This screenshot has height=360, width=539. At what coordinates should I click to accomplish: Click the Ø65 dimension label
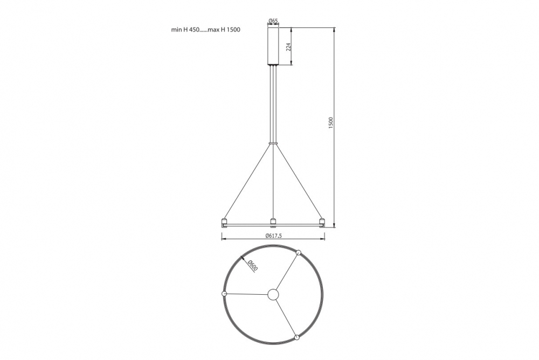pyautogui.click(x=273, y=22)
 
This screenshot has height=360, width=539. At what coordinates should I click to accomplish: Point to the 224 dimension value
pyautogui.click(x=289, y=47)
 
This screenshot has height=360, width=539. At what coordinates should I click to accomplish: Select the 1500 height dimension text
pyautogui.click(x=331, y=123)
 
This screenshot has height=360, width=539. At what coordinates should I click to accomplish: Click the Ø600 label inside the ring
pyautogui.click(x=252, y=266)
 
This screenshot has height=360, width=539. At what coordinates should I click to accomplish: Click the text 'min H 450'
pyautogui.click(x=185, y=30)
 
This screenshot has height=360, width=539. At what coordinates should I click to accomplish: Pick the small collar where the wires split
pyautogui.click(x=273, y=142)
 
